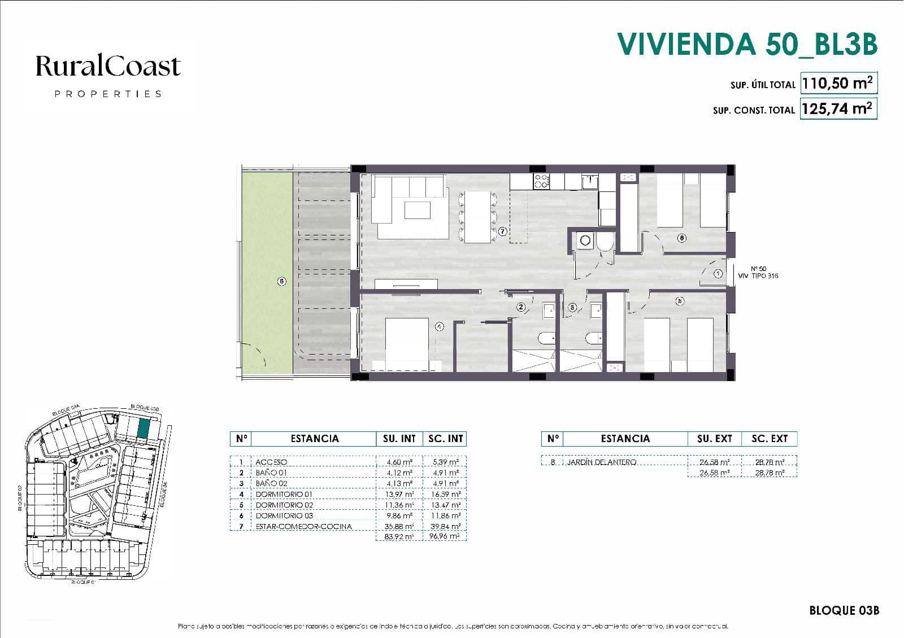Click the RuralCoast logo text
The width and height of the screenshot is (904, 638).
[x=108, y=67]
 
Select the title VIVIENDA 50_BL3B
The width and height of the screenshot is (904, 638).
[x=747, y=44]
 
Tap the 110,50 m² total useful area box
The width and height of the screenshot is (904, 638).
[x=838, y=84]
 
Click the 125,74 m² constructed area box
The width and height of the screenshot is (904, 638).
[x=838, y=108]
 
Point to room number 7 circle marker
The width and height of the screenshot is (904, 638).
[x=503, y=231]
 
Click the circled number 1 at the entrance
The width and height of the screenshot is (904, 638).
[x=718, y=274]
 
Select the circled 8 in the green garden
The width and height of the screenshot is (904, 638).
[x=282, y=282]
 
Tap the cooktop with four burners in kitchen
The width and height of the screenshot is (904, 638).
[x=541, y=181]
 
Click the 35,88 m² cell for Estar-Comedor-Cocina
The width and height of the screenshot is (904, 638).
[x=399, y=527]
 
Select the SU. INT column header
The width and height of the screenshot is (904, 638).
[x=399, y=439]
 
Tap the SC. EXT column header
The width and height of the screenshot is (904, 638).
[x=769, y=439]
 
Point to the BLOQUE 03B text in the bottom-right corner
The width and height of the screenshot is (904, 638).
[x=844, y=611]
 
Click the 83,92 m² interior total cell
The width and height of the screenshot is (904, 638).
[x=399, y=536]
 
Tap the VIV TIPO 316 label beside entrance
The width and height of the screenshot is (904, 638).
[x=758, y=276]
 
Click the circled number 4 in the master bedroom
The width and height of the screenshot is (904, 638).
[x=440, y=326]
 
